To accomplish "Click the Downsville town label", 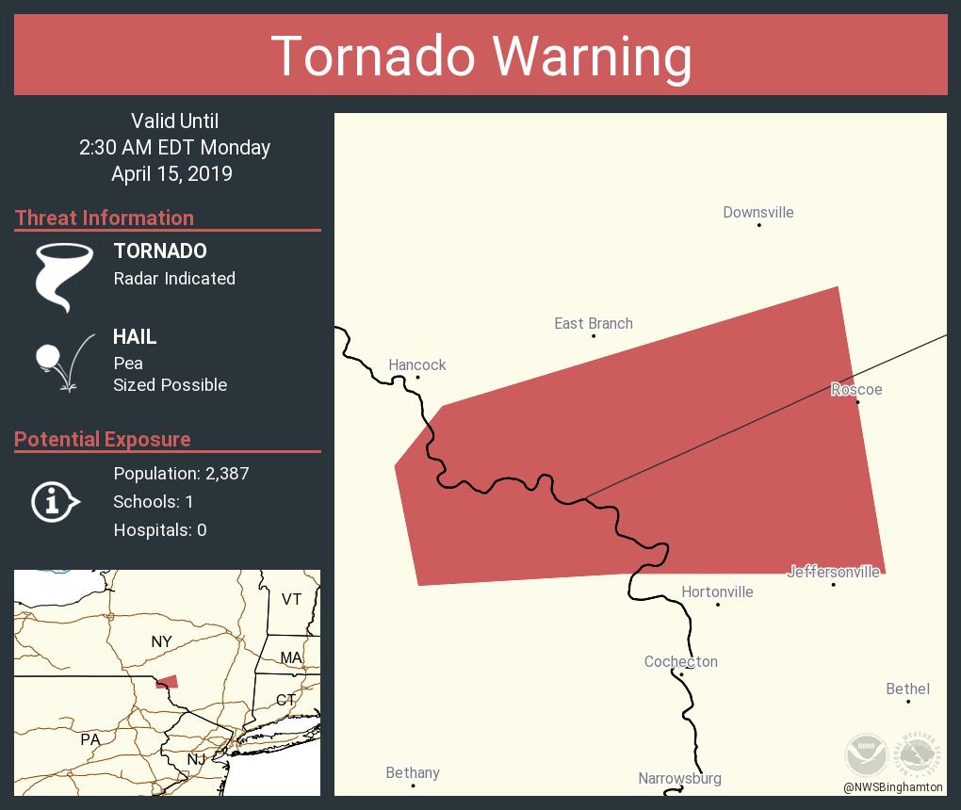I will coord(758,213).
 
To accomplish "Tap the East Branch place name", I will coord(594,324).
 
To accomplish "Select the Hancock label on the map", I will coord(417,365).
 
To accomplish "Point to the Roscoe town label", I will coord(856,390).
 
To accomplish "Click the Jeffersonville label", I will coord(834,572).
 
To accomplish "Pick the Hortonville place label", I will coord(717,592).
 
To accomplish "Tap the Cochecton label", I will coord(681,662).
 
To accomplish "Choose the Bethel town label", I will coord(908,689).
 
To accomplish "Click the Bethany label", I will coord(413,773).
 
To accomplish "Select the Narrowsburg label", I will coord(680,779).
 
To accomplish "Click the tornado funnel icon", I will coord(64,276).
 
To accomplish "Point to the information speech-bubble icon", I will coord(55,502).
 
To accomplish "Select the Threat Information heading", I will coord(105,219).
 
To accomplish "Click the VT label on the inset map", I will coord(291,599).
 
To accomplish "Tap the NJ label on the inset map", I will coord(196,759).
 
